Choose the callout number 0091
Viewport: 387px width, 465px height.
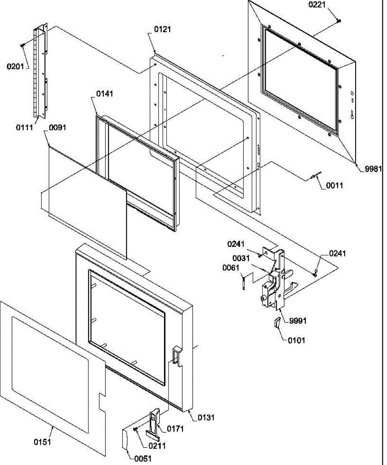(x=57, y=127)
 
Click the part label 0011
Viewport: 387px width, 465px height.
(x=334, y=186)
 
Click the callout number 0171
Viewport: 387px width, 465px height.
(x=175, y=429)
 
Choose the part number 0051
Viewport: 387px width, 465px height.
(x=143, y=459)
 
